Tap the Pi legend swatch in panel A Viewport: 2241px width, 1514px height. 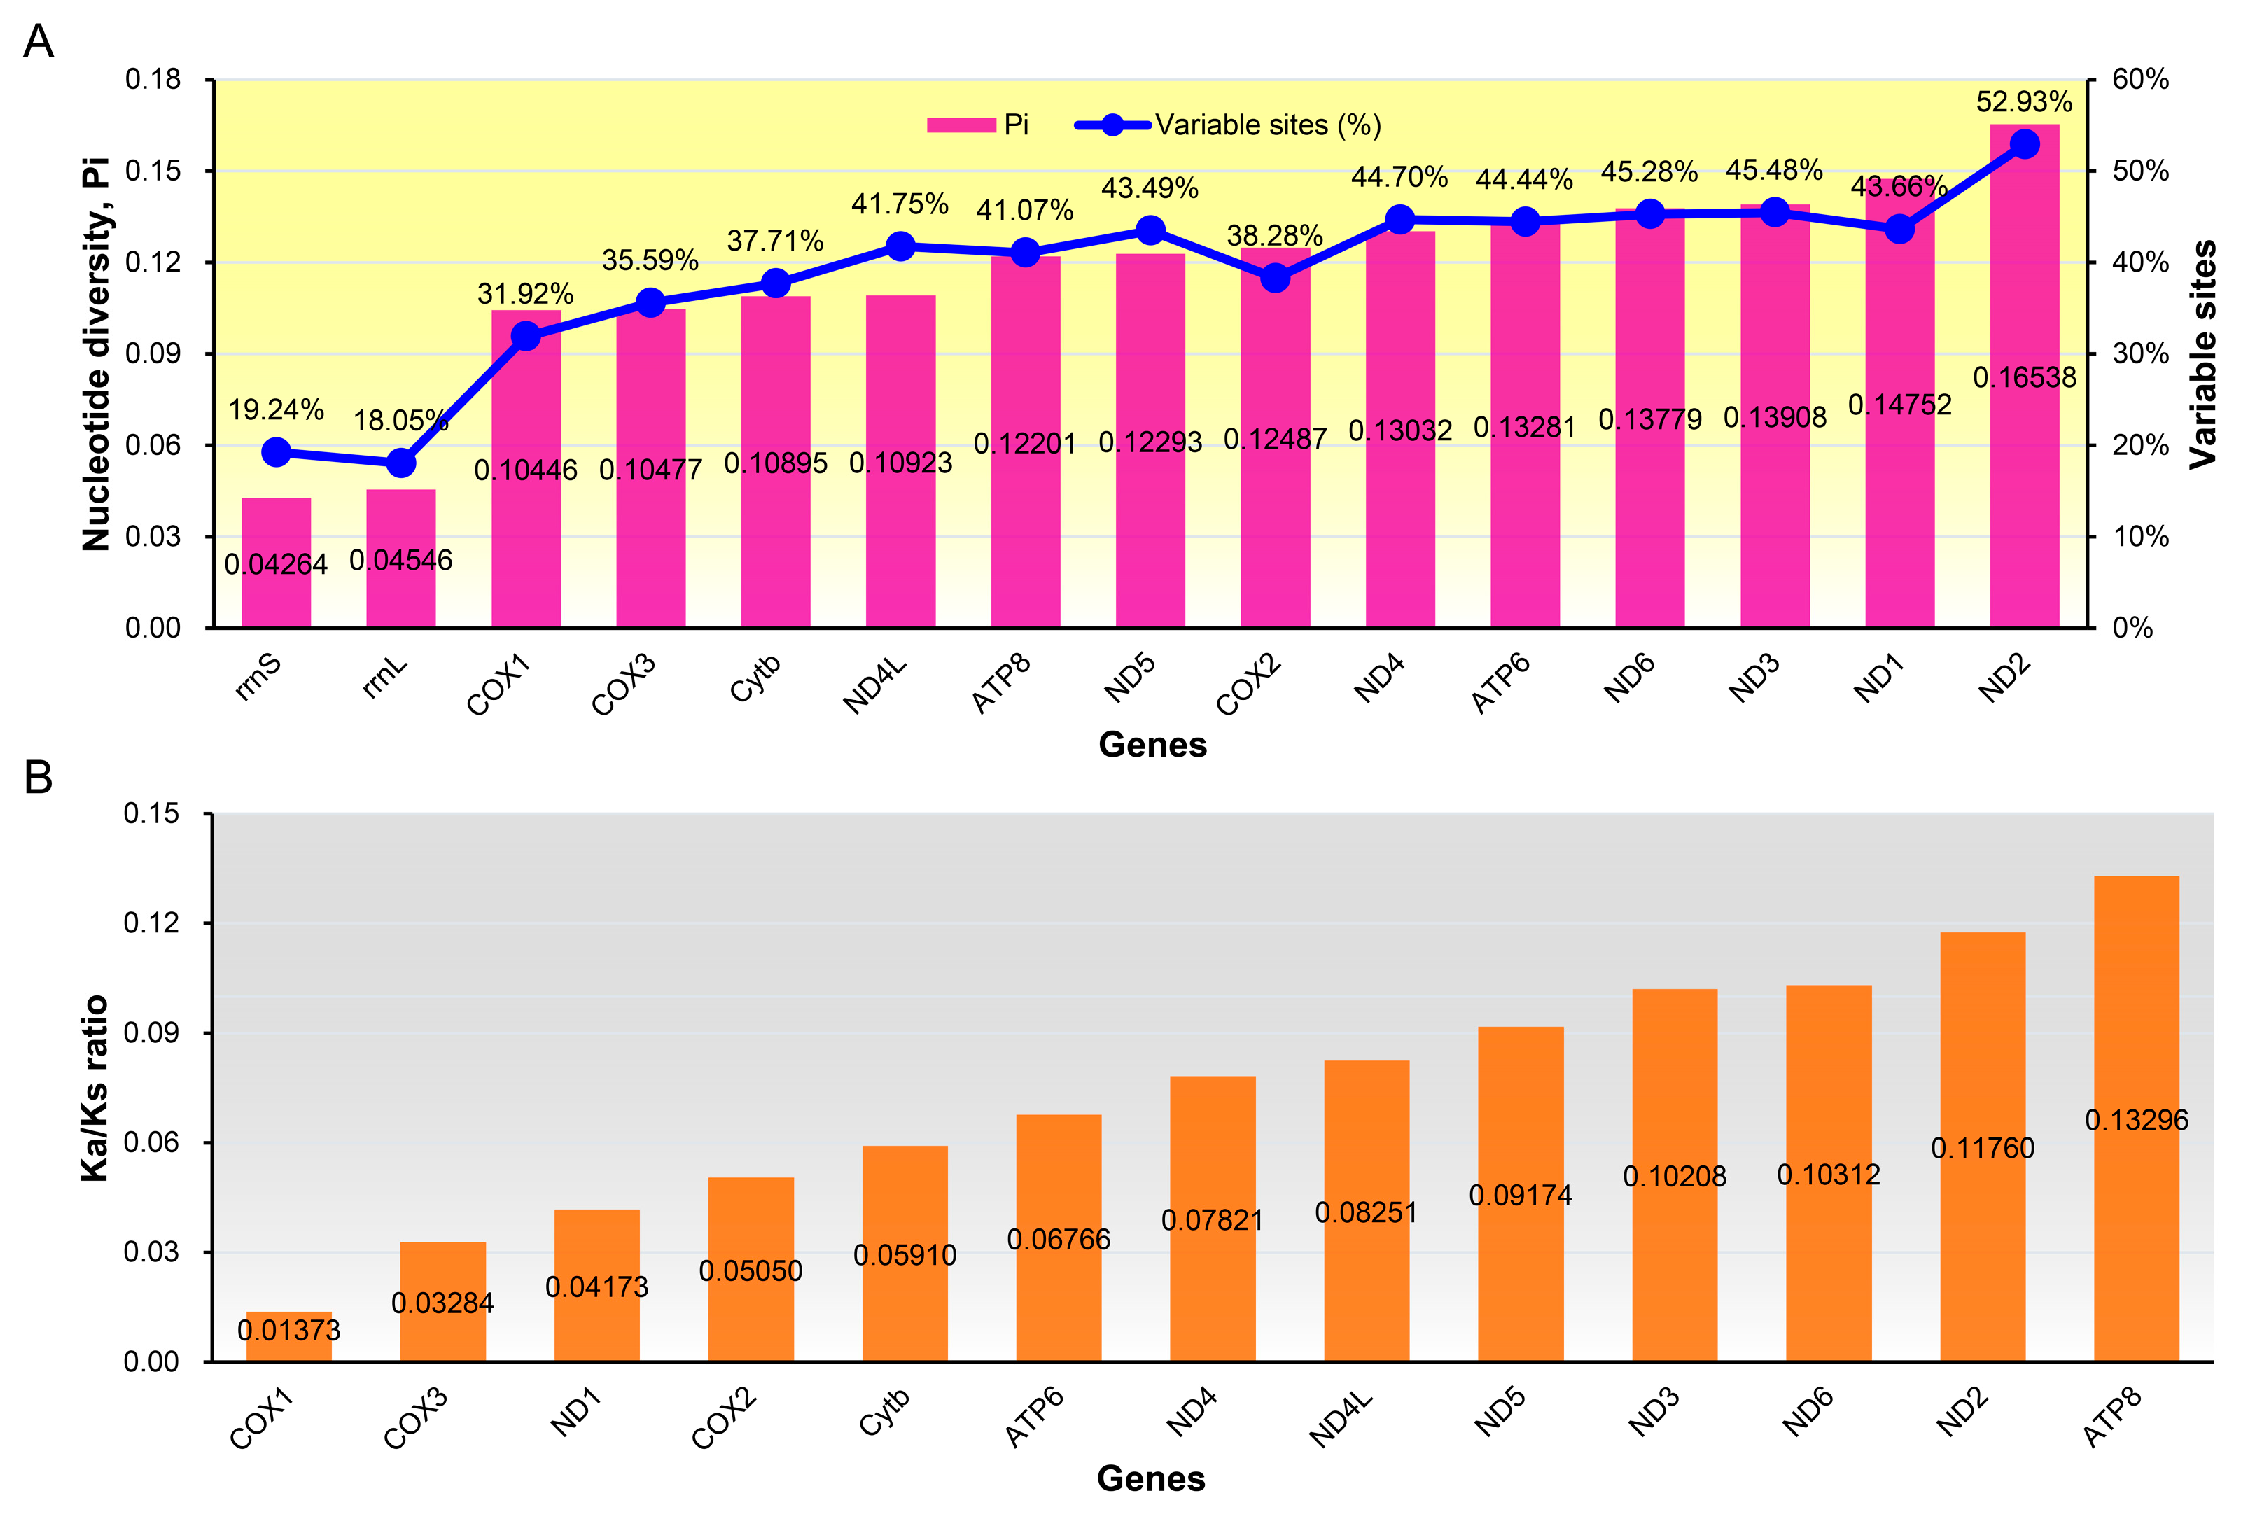[961, 125]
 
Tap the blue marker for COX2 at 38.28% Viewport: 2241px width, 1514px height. [1275, 279]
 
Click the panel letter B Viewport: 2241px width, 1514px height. [38, 777]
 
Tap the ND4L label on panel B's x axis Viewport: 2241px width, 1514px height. [1341, 1417]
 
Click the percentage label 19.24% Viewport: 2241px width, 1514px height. [276, 410]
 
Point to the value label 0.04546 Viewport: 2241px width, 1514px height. [400, 560]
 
